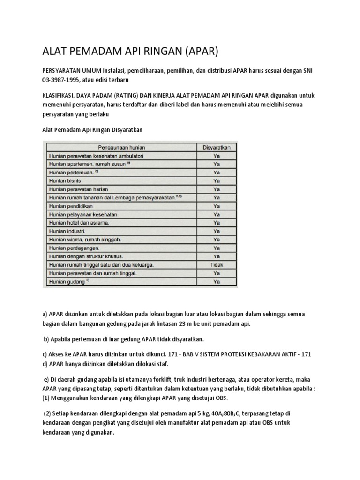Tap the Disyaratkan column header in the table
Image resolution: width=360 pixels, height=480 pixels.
pos(216,147)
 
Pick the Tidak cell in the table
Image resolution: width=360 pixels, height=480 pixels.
pos(217,265)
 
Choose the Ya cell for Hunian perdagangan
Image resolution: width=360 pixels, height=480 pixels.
pos(217,248)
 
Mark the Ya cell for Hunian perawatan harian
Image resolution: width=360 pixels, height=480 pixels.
pos(217,189)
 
